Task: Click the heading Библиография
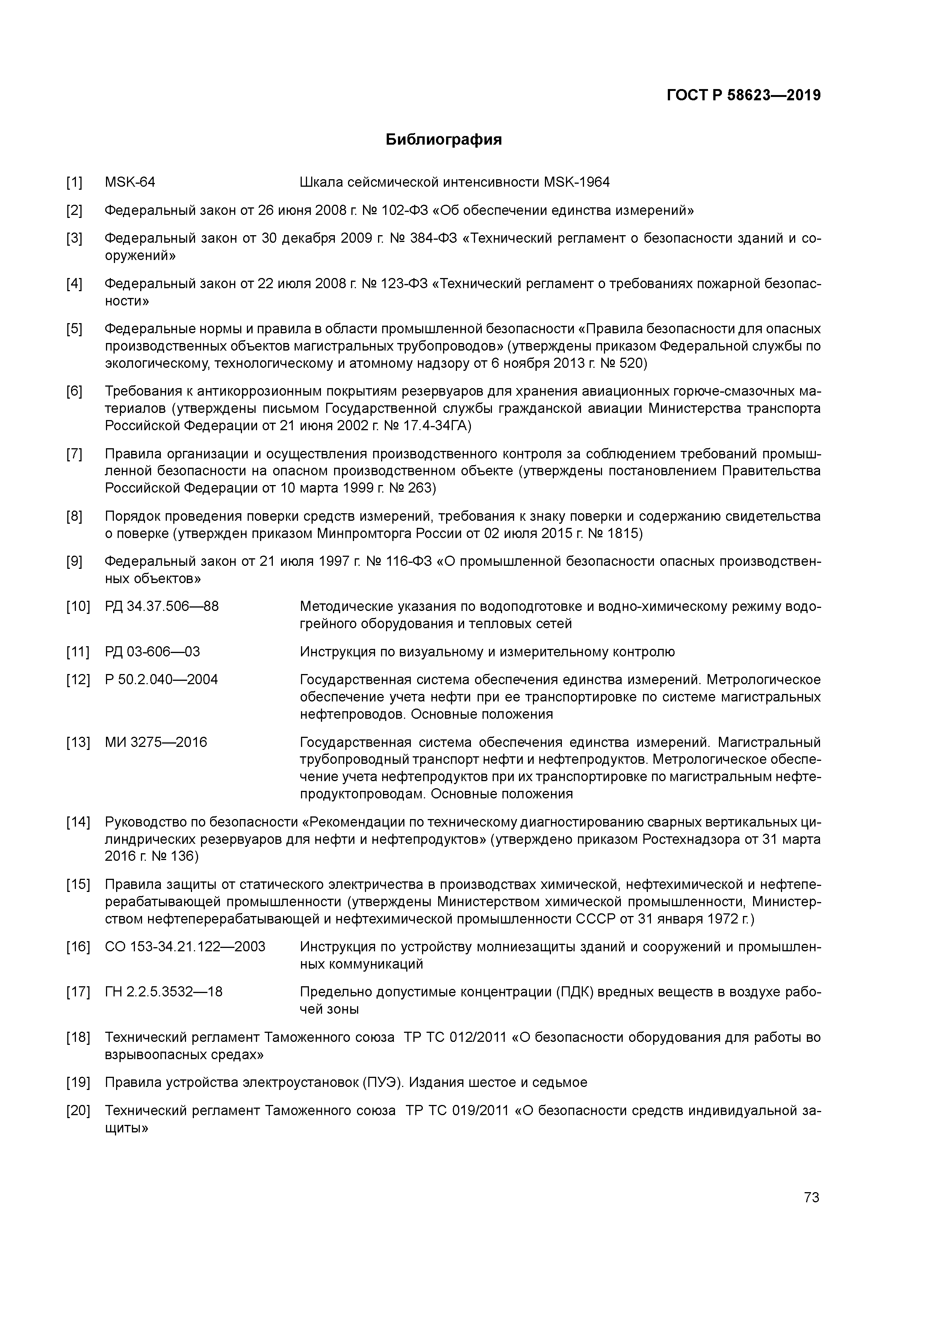pyautogui.click(x=443, y=139)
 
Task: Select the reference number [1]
pyautogui.click(x=74, y=183)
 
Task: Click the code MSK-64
pyautogui.click(x=130, y=183)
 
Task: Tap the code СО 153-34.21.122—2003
pyautogui.click(x=185, y=946)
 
